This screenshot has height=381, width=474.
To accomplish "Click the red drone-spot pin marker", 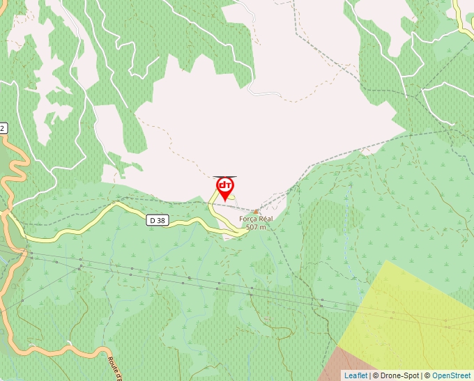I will pyautogui.click(x=224, y=187).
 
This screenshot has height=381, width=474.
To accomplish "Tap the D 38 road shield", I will pyautogui.click(x=158, y=220).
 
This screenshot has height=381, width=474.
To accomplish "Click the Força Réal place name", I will pyautogui.click(x=256, y=219).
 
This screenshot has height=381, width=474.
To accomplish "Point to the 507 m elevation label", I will pyautogui.click(x=256, y=227).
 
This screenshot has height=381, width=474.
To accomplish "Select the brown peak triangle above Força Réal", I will pyautogui.click(x=256, y=211).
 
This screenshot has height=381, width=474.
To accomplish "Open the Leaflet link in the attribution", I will pyautogui.click(x=355, y=375).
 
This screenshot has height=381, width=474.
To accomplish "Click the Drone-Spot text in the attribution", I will pyautogui.click(x=400, y=375).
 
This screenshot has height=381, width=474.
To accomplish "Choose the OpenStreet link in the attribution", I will pyautogui.click(x=451, y=375).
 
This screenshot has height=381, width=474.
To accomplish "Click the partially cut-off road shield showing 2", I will pyautogui.click(x=3, y=128).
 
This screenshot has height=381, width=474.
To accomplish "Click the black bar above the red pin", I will pyautogui.click(x=224, y=177).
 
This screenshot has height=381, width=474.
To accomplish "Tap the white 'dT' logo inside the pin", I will pyautogui.click(x=224, y=185).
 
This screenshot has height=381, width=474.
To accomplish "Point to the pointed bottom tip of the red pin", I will pyautogui.click(x=224, y=200).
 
